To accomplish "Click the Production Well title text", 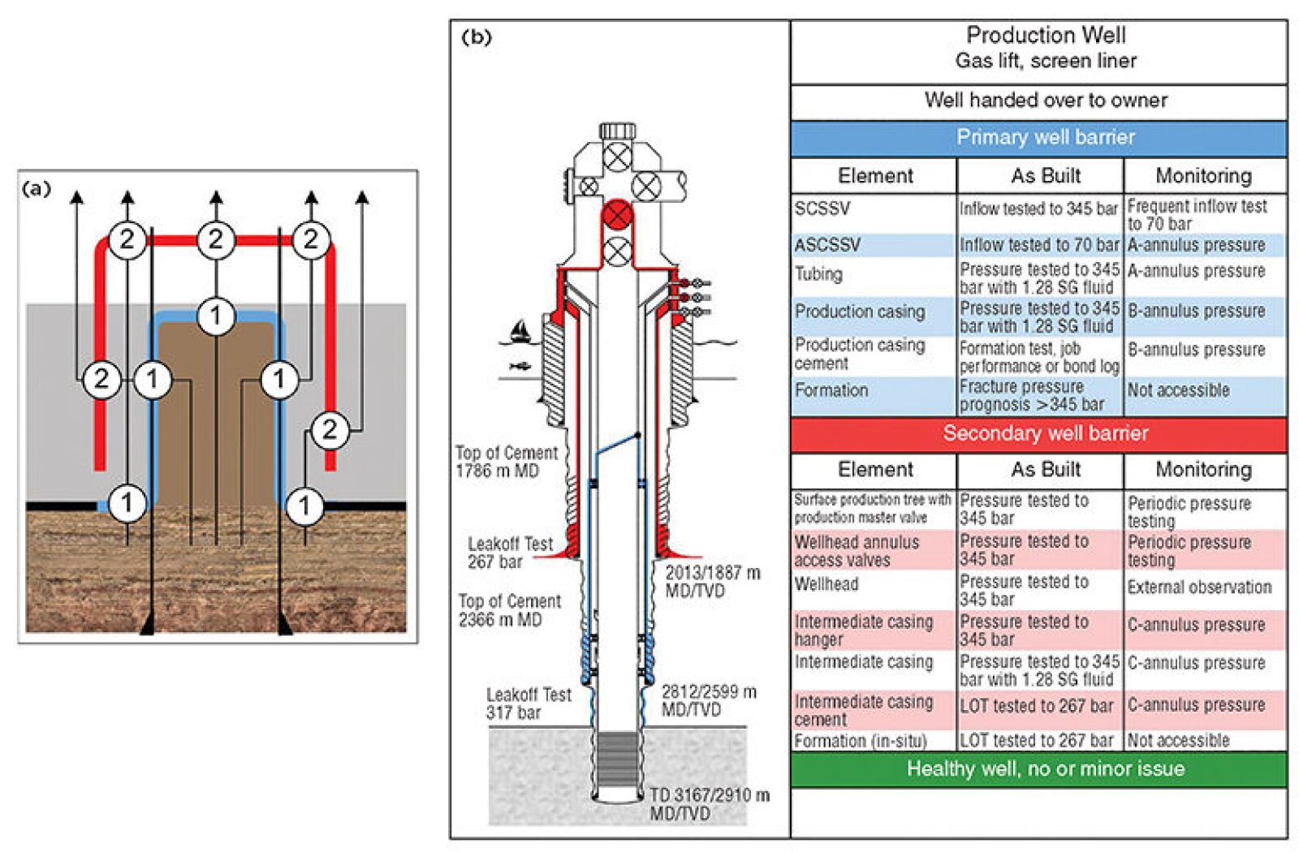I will [x=1045, y=36].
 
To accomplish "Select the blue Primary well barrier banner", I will [x=1045, y=137].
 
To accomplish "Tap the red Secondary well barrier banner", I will [x=1045, y=433].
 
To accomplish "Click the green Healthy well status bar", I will [x=1045, y=768].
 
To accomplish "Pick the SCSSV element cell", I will [x=822, y=209].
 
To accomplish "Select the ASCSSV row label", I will [x=827, y=245].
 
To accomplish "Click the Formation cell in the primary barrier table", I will [x=831, y=390].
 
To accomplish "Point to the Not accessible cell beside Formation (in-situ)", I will [x=1178, y=740].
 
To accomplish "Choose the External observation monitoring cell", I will [x=1199, y=587].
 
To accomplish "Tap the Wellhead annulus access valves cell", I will [x=857, y=551].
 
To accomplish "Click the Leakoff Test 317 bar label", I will [x=529, y=704].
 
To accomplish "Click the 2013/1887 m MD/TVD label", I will [x=712, y=581].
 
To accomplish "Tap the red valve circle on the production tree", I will [x=617, y=216].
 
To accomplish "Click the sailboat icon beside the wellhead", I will [x=519, y=329].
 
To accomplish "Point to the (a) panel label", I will [x=37, y=189].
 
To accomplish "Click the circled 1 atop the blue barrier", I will [x=215, y=316].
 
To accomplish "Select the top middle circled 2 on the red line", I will [x=215, y=239].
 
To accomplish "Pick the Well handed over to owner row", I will [x=1045, y=101].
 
